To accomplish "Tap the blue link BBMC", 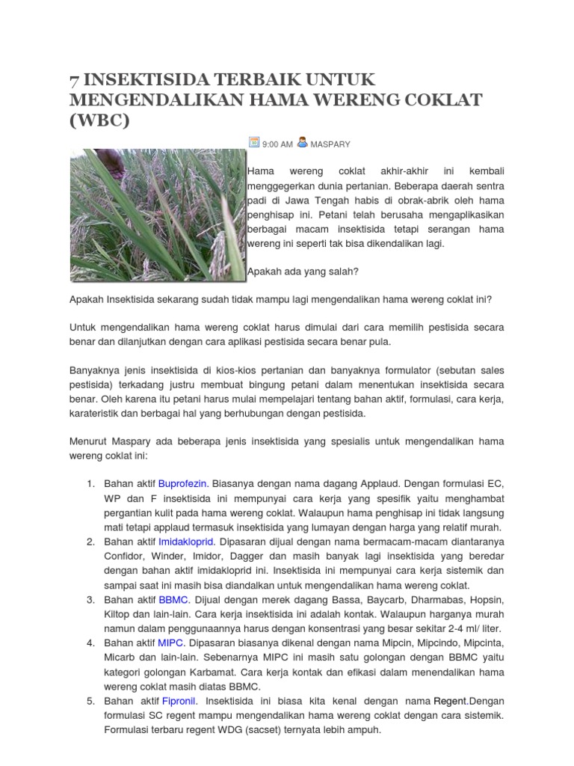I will (x=174, y=600).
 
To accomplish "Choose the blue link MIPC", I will (x=172, y=643).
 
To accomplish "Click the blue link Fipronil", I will (x=179, y=701).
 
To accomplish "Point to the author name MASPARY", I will (x=330, y=144).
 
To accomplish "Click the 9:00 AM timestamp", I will (x=277, y=144).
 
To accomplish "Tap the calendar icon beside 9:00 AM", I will (x=254, y=143).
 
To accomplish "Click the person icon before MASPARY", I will (x=302, y=142).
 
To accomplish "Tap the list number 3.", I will (x=90, y=600).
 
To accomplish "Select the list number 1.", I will (x=90, y=483).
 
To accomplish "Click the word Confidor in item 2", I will (x=124, y=556).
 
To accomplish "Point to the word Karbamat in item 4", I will (x=225, y=672).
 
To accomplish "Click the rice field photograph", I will (x=158, y=215).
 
